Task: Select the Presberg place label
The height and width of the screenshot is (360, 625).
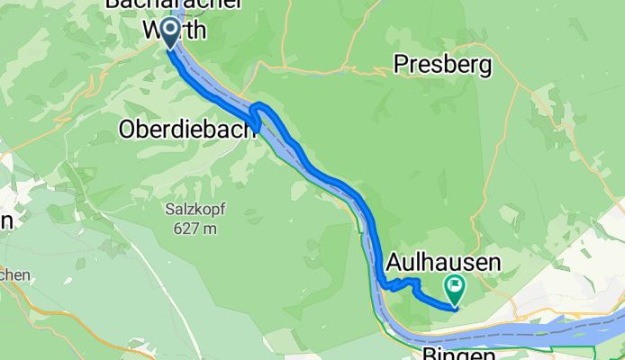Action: point(442,65)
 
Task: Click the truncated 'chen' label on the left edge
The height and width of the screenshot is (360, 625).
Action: point(15,275)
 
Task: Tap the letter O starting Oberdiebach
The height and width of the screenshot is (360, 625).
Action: point(126,130)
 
